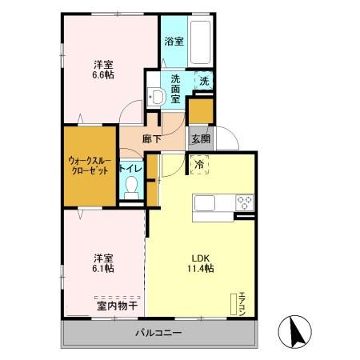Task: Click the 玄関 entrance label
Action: [x=200, y=138]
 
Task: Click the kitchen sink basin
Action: [x=206, y=202]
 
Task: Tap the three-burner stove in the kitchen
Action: [x=242, y=202]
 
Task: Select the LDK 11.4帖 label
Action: [x=201, y=263]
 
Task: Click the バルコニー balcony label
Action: [x=158, y=332]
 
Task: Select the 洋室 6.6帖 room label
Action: [x=101, y=70]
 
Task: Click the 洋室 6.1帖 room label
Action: [x=102, y=263]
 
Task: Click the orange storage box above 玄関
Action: [x=201, y=110]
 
